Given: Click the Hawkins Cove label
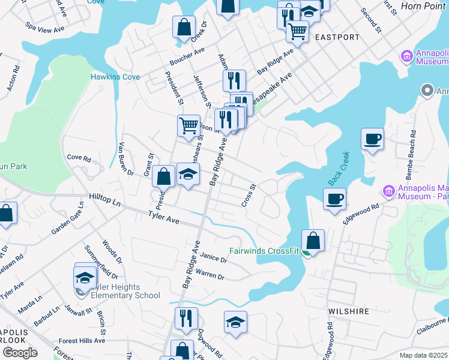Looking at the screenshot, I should click(115, 77).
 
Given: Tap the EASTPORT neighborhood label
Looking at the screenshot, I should click(337, 37).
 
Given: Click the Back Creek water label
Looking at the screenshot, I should click(339, 170).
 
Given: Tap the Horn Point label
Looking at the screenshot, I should click(424, 5).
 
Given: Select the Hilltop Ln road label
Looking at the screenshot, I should click(105, 200).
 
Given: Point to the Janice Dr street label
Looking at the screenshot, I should click(214, 257).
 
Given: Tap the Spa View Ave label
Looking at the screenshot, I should click(44, 28).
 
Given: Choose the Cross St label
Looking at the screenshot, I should click(249, 196).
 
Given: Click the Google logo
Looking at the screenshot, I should click(19, 353).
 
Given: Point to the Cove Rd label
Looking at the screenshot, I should click(79, 158).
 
